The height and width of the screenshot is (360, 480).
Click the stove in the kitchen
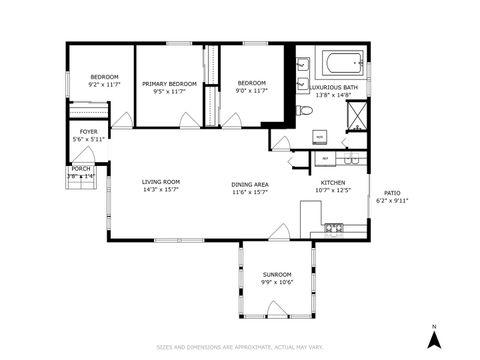pyautogui.click(x=333, y=229)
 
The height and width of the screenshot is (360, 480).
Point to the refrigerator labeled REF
pyautogui.click(x=325, y=158)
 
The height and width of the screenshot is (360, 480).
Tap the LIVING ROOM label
pyautogui.click(x=159, y=181)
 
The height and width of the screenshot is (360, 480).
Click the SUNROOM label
pyautogui.click(x=277, y=274)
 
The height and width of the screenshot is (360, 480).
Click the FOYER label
pyautogui.click(x=89, y=131)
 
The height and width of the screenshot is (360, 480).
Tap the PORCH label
pyautogui.click(x=80, y=169)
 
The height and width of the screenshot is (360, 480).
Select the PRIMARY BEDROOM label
pyautogui.click(x=168, y=84)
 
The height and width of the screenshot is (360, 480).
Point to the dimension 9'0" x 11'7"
pyautogui.click(x=251, y=91)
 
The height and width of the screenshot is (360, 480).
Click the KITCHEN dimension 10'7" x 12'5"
pyautogui.click(x=332, y=190)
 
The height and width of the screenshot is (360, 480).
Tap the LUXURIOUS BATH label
pyautogui.click(x=333, y=88)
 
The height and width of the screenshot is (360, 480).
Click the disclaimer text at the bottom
pyautogui.click(x=240, y=347)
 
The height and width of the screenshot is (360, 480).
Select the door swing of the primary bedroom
pyautogui.click(x=186, y=119)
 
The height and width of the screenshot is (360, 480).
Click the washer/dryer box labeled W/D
pyautogui.click(x=319, y=136)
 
